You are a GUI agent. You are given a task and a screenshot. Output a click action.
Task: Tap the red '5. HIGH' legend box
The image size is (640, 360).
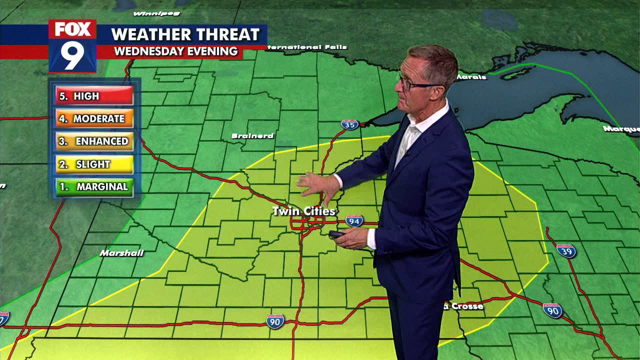(x=94, y=96)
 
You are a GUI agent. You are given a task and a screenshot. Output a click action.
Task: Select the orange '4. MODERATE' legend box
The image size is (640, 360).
(x=94, y=118)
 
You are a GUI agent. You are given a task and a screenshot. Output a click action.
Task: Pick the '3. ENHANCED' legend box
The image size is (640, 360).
(x=94, y=141)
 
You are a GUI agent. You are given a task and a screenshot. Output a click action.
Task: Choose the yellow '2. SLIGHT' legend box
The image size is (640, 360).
(x=94, y=164)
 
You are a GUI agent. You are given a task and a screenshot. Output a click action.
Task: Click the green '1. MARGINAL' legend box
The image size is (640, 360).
(x=94, y=187)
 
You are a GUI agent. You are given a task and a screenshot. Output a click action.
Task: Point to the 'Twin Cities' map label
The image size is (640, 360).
(x=303, y=211)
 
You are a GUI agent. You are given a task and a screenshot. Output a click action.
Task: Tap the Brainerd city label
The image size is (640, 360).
(x=252, y=136)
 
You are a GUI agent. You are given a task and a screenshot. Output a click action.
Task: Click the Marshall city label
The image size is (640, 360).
(x=121, y=253)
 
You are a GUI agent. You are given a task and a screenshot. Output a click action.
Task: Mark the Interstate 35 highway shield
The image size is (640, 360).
(x=349, y=124)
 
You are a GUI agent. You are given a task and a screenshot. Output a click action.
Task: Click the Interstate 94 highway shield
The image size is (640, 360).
(x=354, y=221)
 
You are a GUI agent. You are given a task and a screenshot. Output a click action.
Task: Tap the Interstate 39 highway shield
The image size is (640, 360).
(x=566, y=250)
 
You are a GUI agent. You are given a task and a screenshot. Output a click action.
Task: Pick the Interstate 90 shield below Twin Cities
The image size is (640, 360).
(x=275, y=321)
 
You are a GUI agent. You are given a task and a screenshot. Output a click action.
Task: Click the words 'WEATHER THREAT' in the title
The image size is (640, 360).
(x=185, y=34)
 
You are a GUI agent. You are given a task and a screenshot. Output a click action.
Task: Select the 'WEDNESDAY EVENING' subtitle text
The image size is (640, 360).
(x=175, y=51)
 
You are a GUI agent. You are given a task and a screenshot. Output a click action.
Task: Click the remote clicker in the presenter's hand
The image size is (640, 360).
(x=336, y=234)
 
